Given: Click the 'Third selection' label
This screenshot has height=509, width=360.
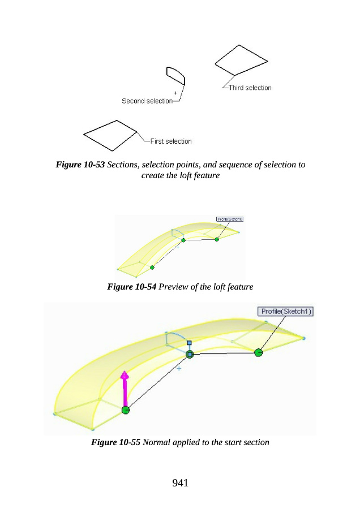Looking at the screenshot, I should click(x=250, y=88).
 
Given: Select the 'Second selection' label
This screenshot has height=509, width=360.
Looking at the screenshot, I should click(x=147, y=101).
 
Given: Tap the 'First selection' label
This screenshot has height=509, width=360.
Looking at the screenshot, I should click(x=171, y=141).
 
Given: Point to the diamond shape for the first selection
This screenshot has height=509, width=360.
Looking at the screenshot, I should click(x=111, y=135).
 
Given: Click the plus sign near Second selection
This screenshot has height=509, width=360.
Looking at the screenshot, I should click(x=176, y=92).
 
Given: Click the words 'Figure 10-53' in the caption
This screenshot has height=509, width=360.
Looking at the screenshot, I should click(x=80, y=165).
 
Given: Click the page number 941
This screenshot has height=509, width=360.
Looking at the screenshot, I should click(x=179, y=482).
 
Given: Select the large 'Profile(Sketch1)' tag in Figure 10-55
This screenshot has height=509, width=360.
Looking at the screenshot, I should click(x=286, y=312).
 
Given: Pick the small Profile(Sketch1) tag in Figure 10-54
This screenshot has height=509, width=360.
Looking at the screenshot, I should click(x=230, y=219).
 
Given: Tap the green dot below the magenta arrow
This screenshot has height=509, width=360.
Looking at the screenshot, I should click(x=125, y=410).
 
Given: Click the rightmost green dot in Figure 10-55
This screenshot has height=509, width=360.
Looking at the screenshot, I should click(x=259, y=352).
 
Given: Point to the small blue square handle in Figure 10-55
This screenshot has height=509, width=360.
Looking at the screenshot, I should click(x=190, y=343).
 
